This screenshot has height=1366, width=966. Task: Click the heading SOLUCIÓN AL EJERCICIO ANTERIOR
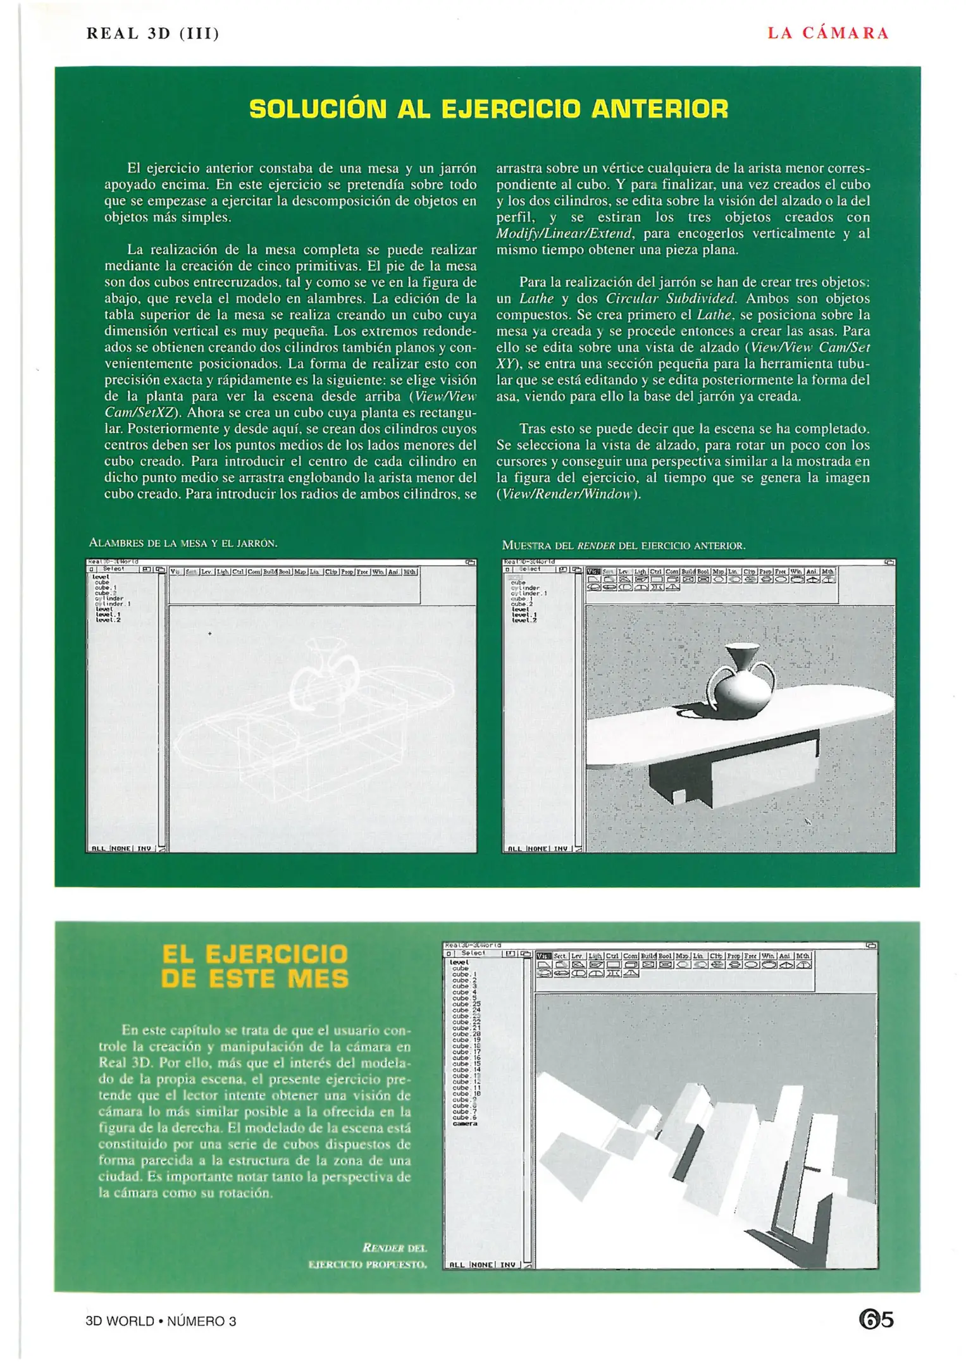point(488,109)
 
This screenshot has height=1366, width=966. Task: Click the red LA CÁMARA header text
point(827,34)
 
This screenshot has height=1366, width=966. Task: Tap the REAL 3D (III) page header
point(152,34)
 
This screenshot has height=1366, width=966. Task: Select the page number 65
point(876,1320)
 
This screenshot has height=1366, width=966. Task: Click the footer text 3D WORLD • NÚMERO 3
point(161,1321)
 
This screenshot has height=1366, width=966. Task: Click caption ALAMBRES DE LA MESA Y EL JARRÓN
point(183,543)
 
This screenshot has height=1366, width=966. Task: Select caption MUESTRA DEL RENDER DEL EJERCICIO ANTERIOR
point(623,545)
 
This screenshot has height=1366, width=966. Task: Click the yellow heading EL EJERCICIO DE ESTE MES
point(255,966)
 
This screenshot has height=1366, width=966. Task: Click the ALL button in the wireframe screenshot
point(99,849)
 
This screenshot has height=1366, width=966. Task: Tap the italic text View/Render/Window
point(568,495)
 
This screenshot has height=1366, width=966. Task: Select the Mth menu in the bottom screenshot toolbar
point(803,956)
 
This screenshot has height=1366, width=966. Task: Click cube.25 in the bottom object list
point(466,1004)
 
